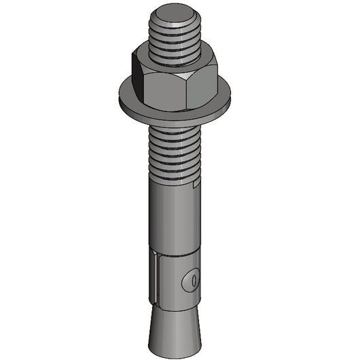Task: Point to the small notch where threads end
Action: pyautogui.click(x=197, y=183)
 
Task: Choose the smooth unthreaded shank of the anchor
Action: pyautogui.click(x=173, y=217)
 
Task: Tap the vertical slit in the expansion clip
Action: pyautogui.click(x=158, y=278)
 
